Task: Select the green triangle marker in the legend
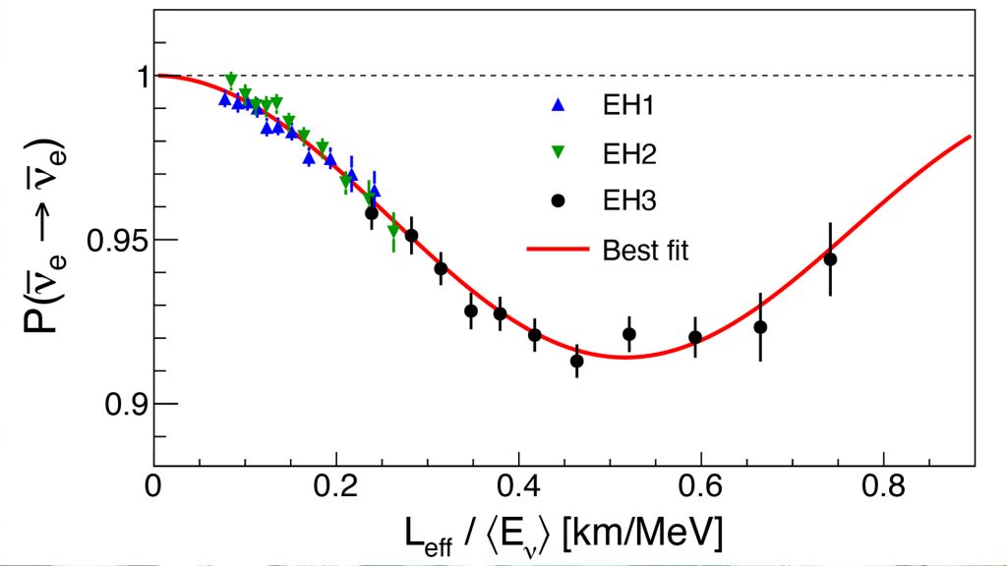[558, 152]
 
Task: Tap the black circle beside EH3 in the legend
[558, 200]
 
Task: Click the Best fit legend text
[645, 250]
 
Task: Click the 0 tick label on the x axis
[154, 486]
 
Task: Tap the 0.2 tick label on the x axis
[336, 486]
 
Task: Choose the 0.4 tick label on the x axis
[519, 486]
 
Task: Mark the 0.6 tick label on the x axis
[701, 486]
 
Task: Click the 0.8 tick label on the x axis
[883, 486]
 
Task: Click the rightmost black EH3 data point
[830, 259]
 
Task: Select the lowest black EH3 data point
[577, 361]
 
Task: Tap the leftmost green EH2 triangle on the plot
[231, 79]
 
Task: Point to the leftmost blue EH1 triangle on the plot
[225, 99]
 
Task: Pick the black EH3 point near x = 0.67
[760, 327]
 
